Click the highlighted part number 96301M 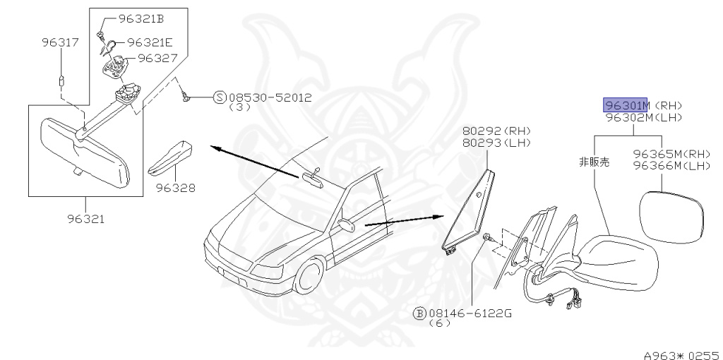click(625, 105)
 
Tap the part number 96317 click(59, 43)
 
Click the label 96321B click(141, 19)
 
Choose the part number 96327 click(157, 58)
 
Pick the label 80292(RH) click(496, 131)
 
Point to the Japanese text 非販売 click(594, 162)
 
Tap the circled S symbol click(220, 97)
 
